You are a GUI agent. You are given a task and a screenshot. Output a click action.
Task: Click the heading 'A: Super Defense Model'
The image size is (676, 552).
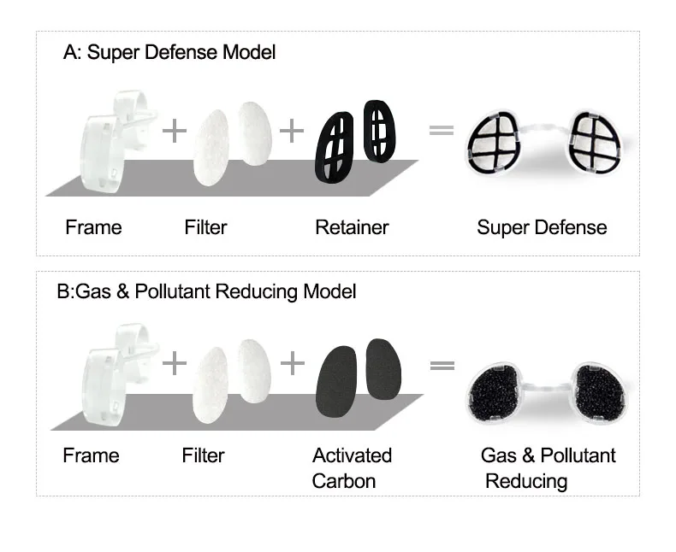coord(169,52)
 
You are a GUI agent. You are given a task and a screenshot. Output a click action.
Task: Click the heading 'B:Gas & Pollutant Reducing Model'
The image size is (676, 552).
coord(206,291)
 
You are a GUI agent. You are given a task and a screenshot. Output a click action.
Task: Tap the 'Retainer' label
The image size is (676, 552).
coord(352,227)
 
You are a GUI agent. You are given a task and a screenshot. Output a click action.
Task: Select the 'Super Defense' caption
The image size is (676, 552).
coord(542,227)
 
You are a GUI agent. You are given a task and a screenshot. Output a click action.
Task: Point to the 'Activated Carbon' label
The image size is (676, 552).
coord(352,467)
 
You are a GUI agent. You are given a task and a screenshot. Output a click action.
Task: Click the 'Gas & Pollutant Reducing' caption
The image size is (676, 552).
coord(548,467)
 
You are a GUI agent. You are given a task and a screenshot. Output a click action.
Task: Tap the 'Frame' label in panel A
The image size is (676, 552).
coord(93,227)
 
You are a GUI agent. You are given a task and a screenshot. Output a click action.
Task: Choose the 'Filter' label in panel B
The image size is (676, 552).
coord(204,455)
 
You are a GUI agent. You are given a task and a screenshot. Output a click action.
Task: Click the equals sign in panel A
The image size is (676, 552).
coord(441,130)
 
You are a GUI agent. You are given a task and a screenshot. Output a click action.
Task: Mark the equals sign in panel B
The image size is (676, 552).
coord(442,365)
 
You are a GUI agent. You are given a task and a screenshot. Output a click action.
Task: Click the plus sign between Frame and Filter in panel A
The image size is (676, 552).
coord(174,131)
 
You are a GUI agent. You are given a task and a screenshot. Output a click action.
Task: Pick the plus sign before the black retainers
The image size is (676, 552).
coord(292,131)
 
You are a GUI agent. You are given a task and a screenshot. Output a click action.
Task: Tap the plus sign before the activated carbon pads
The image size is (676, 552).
coord(292,363)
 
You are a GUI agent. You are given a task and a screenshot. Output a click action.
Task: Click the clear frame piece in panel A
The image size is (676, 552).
coord(107,145)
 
